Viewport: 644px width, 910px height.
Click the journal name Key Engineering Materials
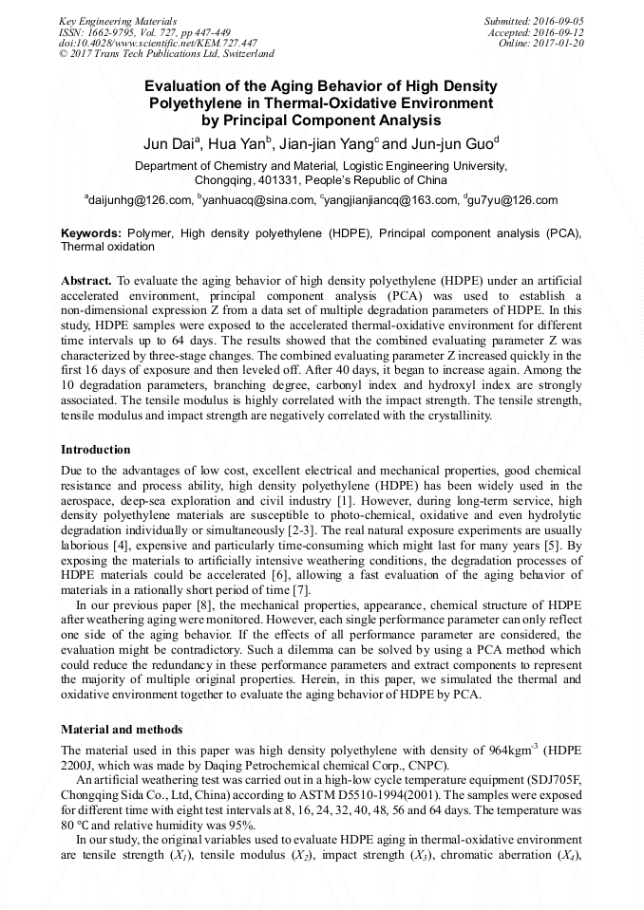[x=117, y=21]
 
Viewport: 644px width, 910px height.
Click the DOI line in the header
[x=158, y=44]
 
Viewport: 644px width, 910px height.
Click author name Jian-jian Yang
[x=328, y=144]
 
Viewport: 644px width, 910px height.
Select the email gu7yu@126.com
[x=513, y=200]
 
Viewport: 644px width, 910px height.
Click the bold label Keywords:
[x=91, y=232]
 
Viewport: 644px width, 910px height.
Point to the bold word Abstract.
[x=86, y=282]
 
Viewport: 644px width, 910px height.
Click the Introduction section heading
[x=96, y=449]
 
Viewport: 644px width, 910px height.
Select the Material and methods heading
[x=122, y=730]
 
